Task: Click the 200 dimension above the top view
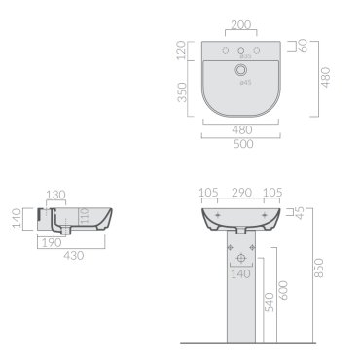pos(241,25)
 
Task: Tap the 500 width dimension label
pos(243,144)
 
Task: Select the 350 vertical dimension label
pos(183,92)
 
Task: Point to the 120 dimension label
pos(181,51)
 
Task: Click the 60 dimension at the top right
pos(304,46)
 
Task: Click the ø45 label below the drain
pos(245,83)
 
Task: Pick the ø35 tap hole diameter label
pos(245,56)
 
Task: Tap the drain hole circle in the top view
pos(240,69)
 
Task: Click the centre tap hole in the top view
pos(241,51)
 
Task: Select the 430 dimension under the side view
pos(74,256)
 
